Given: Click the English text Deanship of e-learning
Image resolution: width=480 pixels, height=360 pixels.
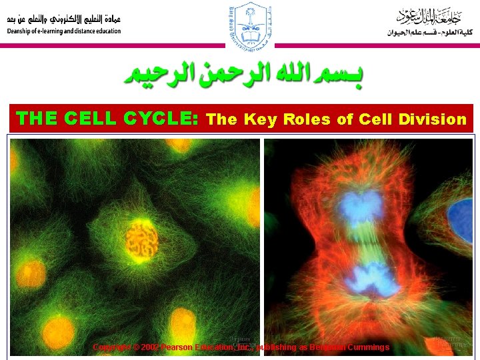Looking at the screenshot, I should click(x=64, y=31).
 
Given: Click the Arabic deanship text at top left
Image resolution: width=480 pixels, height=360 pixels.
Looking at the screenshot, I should click(x=64, y=19).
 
